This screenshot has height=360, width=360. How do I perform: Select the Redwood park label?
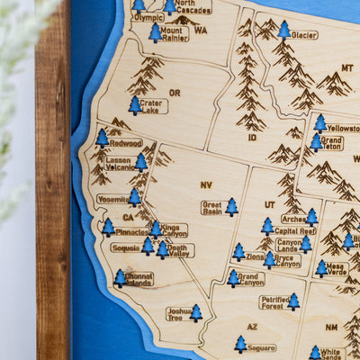click(126, 142)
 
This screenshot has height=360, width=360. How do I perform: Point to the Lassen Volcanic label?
click(119, 163)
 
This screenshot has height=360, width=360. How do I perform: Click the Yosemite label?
click(112, 199)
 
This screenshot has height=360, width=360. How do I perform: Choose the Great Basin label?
click(211, 207)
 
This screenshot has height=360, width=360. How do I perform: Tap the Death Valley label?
click(178, 249)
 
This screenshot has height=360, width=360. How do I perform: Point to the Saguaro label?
click(262, 346)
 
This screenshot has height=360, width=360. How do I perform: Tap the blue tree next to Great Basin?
click(232, 207)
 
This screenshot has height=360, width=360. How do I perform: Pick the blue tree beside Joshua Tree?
click(196, 313)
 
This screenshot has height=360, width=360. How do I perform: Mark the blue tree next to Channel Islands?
click(120, 278)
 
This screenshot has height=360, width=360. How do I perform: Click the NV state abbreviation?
click(206, 184)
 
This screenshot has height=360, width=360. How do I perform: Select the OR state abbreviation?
click(175, 93)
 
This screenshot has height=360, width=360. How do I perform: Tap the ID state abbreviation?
click(251, 138)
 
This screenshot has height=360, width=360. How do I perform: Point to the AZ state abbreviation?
click(252, 327)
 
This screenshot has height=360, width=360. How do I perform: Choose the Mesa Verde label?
click(337, 268)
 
